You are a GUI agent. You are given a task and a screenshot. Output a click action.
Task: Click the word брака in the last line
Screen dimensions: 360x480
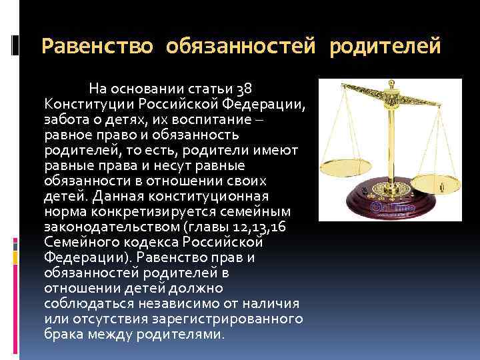pos(64,334)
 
